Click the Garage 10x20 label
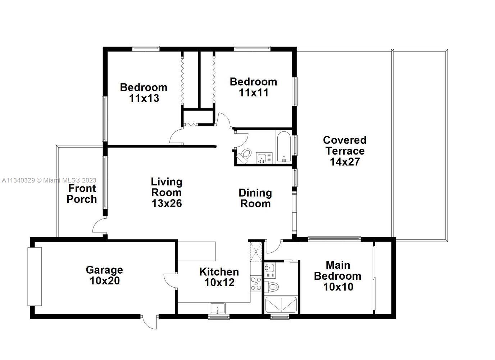coord(104,275)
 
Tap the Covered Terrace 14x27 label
coord(345,151)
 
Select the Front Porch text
coord(82,194)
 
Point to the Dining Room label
coord(255,198)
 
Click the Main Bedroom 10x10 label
coord(338,276)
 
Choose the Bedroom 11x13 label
coord(144,93)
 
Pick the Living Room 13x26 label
coord(167,192)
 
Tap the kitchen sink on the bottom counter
coord(218,309)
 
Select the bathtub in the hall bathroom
coord(284,147)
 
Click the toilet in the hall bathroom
coord(244,154)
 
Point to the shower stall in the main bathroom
coord(281,305)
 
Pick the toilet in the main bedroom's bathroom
coord(272,287)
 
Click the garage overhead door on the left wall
coord(35,276)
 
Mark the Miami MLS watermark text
coord(49,180)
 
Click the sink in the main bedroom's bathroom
coord(270,268)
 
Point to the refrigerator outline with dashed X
coord(256,252)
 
